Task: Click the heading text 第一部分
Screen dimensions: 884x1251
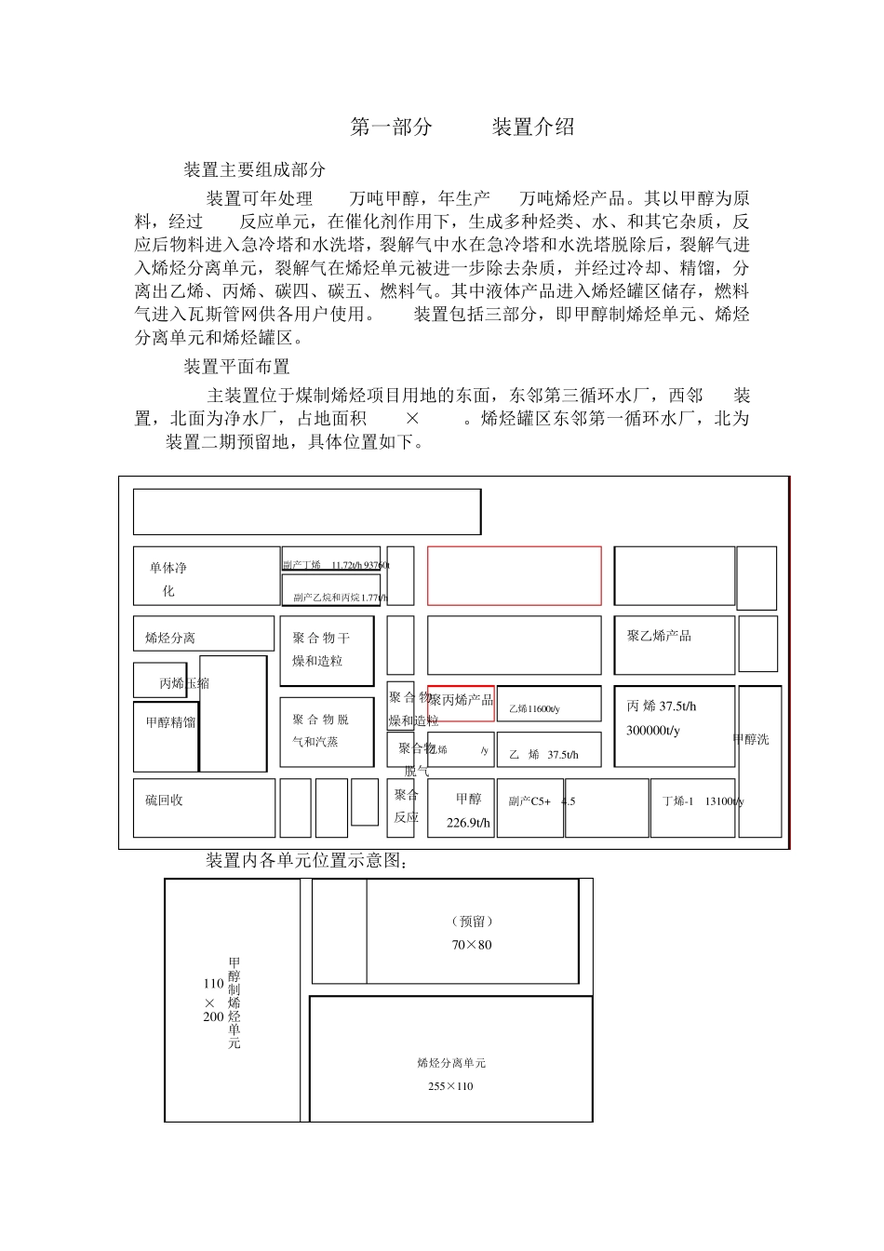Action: (392, 128)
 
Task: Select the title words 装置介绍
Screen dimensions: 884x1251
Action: (533, 128)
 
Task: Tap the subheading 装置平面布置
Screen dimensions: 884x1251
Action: (236, 367)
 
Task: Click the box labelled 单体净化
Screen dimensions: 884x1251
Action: (206, 577)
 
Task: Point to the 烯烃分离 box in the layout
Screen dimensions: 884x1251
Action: (203, 634)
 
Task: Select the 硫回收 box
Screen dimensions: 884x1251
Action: (204, 808)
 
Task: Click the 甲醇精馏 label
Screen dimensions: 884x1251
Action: (170, 722)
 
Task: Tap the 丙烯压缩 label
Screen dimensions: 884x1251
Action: (184, 683)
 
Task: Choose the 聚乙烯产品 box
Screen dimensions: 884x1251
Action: (674, 644)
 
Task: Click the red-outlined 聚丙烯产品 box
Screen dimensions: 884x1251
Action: (461, 702)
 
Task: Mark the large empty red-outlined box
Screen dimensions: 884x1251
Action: (514, 575)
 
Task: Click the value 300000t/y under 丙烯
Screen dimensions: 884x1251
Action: (653, 731)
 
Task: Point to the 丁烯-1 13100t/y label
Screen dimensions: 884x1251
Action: (703, 801)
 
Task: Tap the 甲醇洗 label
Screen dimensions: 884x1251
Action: (751, 740)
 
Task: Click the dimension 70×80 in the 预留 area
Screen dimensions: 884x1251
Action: (472, 945)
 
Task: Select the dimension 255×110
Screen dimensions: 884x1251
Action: (450, 1086)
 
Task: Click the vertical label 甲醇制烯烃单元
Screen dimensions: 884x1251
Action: (234, 1003)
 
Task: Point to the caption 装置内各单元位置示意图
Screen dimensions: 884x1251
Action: (306, 861)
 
